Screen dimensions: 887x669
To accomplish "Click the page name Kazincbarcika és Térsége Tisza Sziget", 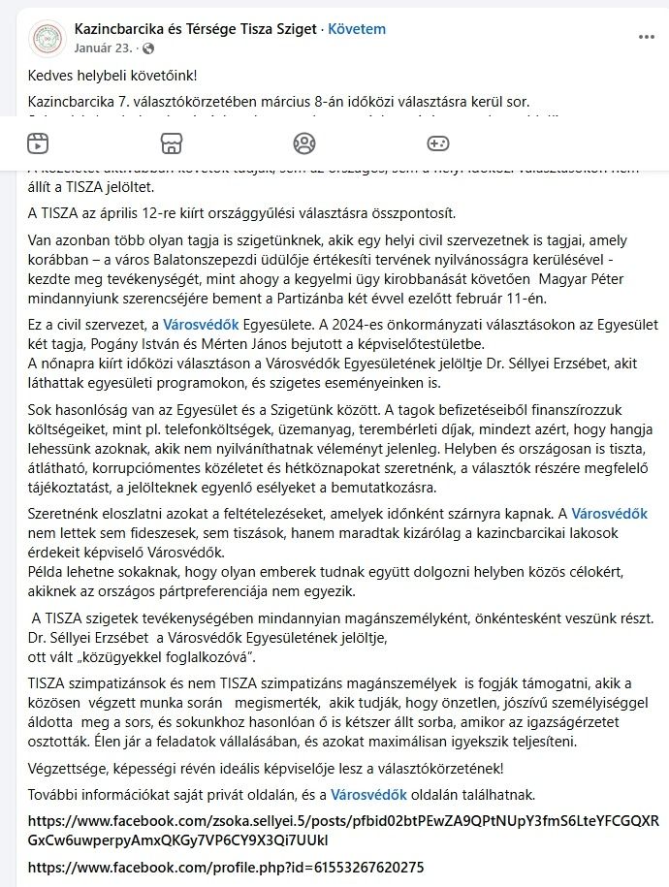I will tap(195, 29).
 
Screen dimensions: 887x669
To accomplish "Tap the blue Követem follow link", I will tap(357, 29).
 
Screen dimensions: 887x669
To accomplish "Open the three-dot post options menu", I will tap(647, 37).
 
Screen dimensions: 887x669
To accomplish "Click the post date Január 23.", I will tap(102, 48).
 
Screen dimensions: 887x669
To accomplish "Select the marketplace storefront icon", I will tap(172, 144).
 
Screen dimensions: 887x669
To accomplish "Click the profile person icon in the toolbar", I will tap(304, 144).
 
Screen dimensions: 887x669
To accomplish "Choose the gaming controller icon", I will tap(438, 144).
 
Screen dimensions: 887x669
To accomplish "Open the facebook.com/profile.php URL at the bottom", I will tap(225, 867).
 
